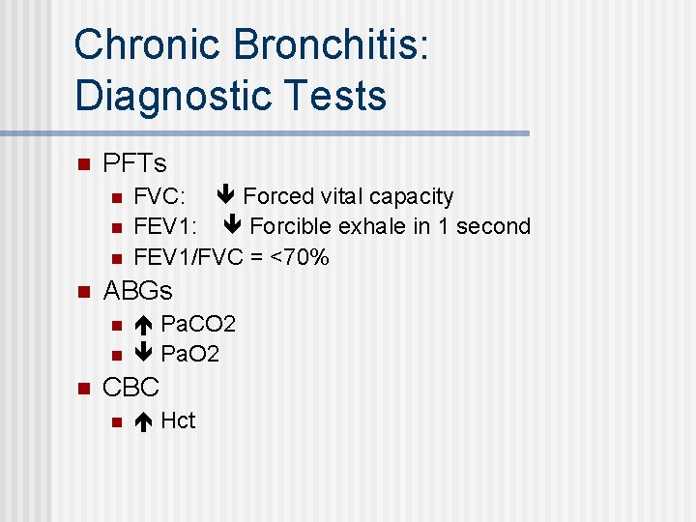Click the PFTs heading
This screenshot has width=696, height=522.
pos(134,162)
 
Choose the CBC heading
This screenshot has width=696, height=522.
pos(130,388)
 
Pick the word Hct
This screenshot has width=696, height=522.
pos(178,420)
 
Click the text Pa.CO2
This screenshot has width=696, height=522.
pos(198,323)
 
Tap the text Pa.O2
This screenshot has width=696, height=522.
pos(190,354)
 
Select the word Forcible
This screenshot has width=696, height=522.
pos(292,226)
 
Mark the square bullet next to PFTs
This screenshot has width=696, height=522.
pos(83,163)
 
